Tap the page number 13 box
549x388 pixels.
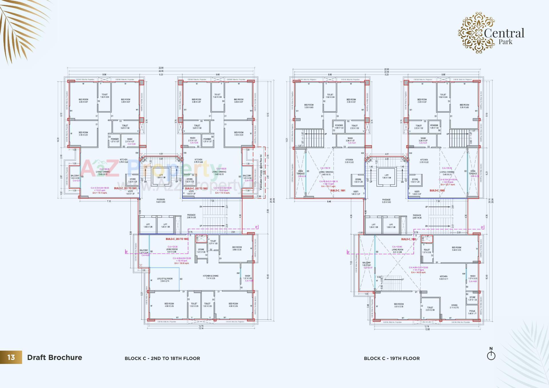[x=11, y=357]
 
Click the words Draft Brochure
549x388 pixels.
[x=55, y=357]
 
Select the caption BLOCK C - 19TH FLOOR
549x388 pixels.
[x=392, y=358]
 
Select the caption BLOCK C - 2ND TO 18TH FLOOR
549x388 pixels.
[x=162, y=358]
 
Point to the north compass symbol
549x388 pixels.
[x=491, y=355]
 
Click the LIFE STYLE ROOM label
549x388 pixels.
[x=165, y=280]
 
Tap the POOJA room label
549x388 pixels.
[x=472, y=312]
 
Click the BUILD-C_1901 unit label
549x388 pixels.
[x=338, y=190]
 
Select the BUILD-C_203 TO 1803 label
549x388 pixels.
[x=177, y=239]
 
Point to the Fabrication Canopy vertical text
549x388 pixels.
[x=261, y=172]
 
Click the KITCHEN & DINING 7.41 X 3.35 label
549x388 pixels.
[x=211, y=277]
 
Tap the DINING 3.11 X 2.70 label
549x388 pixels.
[x=454, y=306]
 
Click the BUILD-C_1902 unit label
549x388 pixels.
[x=437, y=190]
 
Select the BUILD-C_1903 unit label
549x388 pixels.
[x=409, y=239]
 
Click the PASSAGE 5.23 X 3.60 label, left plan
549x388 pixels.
[x=161, y=200]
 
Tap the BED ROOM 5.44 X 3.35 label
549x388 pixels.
[x=456, y=248]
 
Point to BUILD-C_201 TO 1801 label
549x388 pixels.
[x=125, y=188]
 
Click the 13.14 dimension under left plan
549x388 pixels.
[x=201, y=328]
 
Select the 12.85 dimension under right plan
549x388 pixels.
[x=427, y=329]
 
